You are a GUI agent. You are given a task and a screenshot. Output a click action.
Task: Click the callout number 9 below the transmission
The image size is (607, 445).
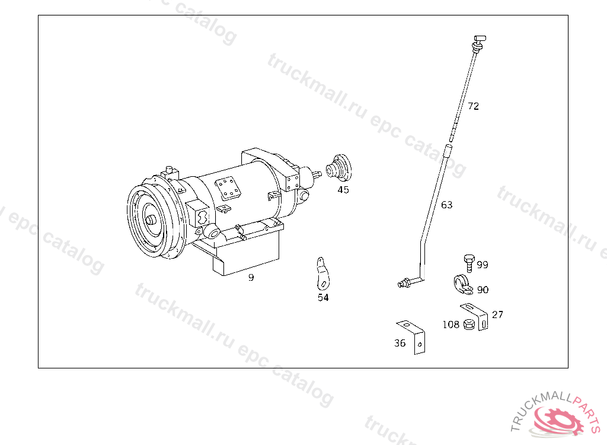(251, 278)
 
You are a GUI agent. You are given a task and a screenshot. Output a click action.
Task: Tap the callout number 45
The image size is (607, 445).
(343, 190)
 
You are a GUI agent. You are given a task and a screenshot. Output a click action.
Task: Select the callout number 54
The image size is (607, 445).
(323, 298)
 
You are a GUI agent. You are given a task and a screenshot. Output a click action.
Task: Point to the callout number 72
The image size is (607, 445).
(473, 106)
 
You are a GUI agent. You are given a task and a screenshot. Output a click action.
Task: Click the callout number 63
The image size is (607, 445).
(447, 205)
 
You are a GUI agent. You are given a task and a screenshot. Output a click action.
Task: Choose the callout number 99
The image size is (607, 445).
(483, 265)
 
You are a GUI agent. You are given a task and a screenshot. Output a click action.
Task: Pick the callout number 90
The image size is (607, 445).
(483, 290)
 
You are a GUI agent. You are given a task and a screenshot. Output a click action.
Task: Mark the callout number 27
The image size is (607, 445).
(497, 314)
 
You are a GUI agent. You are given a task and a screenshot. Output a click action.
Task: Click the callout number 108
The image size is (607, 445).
(451, 325)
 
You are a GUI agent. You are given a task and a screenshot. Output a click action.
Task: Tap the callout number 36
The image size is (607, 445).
(400, 343)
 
